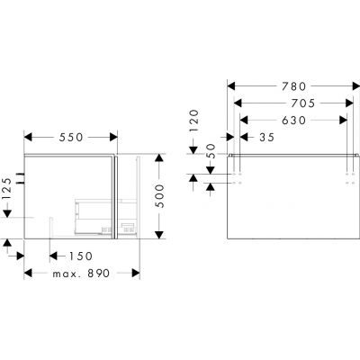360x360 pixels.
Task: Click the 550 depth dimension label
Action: (71, 137)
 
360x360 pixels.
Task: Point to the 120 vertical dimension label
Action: (193, 120)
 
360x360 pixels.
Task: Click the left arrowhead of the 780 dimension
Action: (230, 86)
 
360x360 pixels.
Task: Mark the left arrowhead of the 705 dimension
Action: (237, 103)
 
